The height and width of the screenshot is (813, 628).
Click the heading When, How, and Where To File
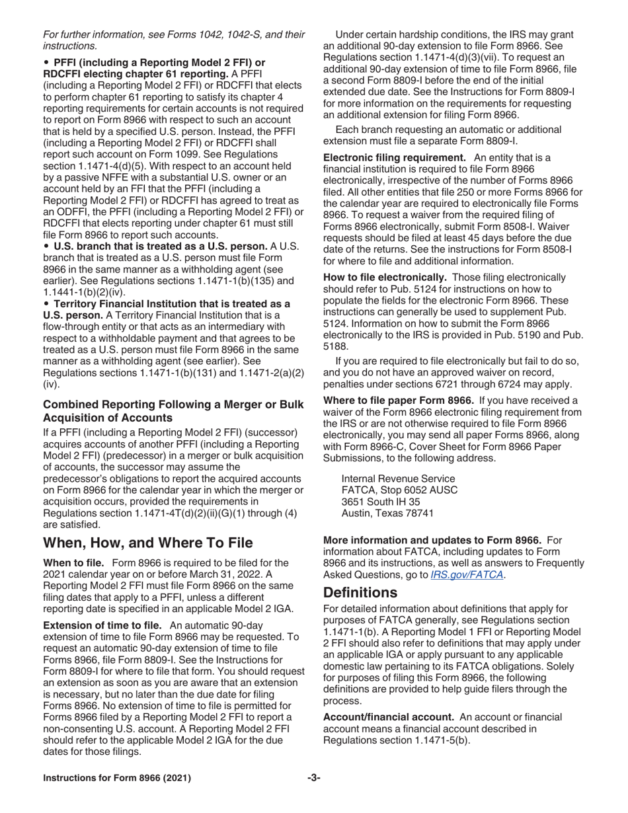pos(147,543)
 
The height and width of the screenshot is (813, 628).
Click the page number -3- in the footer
pos(314,778)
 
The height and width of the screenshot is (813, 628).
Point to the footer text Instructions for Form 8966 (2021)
pos(117,778)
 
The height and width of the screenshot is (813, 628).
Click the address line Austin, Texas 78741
pos(387,514)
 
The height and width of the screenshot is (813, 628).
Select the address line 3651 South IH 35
pos(380,502)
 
